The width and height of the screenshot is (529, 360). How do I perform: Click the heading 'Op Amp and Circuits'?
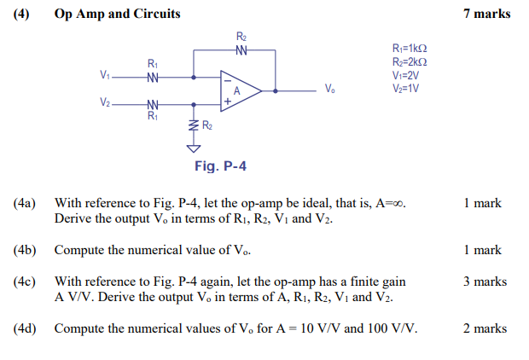[117, 14]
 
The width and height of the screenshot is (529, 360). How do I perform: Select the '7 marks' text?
[486, 14]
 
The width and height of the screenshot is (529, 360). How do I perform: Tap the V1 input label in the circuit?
[104, 75]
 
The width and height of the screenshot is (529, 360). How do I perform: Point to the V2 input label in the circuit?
[104, 102]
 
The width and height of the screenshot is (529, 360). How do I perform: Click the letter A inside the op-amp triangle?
[238, 90]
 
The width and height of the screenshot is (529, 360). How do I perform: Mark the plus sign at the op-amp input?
[227, 101]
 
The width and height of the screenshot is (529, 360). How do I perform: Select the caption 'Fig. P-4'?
[220, 165]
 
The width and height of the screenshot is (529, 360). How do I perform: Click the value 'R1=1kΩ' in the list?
[409, 49]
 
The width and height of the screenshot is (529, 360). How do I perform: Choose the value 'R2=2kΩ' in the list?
[409, 62]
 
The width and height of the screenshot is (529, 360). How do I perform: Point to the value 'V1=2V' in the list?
[405, 75]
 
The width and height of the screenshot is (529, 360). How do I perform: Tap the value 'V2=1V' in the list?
[405, 89]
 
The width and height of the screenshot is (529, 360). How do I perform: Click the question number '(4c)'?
[25, 282]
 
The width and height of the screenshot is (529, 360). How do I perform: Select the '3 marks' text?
[485, 282]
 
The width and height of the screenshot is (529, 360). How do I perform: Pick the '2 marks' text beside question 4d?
[485, 328]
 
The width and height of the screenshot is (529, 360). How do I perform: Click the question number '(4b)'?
[25, 251]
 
